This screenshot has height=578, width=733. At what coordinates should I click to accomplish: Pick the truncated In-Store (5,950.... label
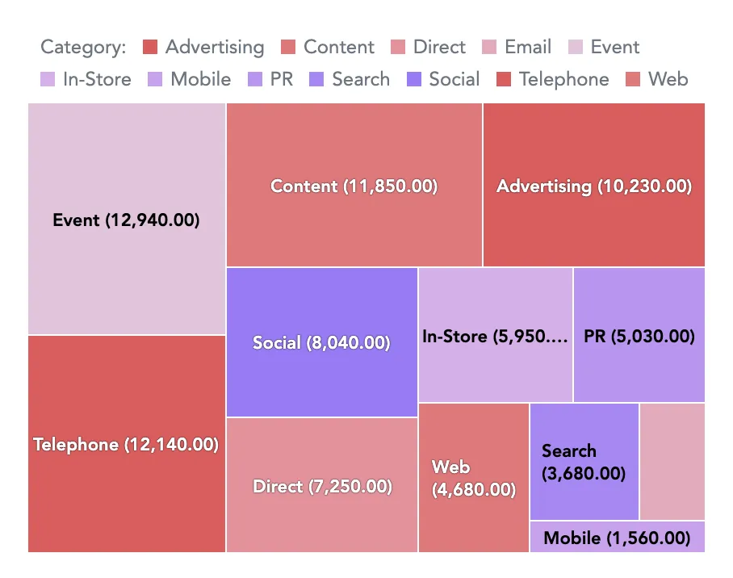495,337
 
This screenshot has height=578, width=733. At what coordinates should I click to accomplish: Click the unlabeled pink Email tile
672,462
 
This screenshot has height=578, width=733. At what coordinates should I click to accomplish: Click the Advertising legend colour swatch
150,48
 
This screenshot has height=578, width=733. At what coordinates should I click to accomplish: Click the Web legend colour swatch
633,80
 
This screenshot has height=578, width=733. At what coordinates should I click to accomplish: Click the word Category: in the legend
83,48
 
